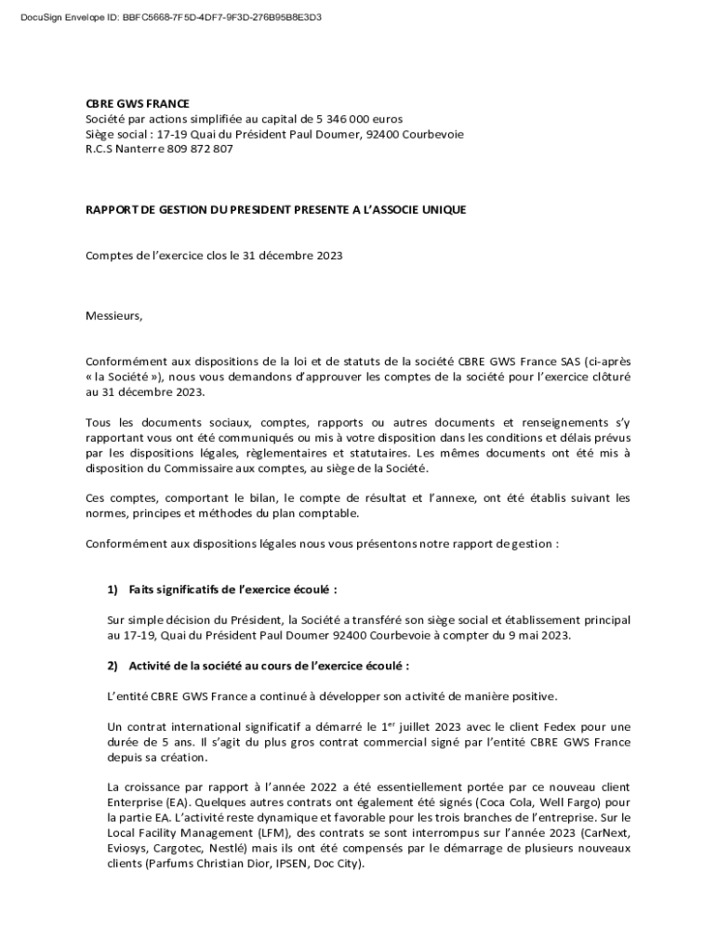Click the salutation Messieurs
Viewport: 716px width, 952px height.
pyautogui.click(x=114, y=315)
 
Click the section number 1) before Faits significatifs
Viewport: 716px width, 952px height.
pyautogui.click(x=114, y=589)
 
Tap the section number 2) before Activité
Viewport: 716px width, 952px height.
pyautogui.click(x=114, y=666)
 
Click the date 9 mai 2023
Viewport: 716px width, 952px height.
pyautogui.click(x=537, y=635)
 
